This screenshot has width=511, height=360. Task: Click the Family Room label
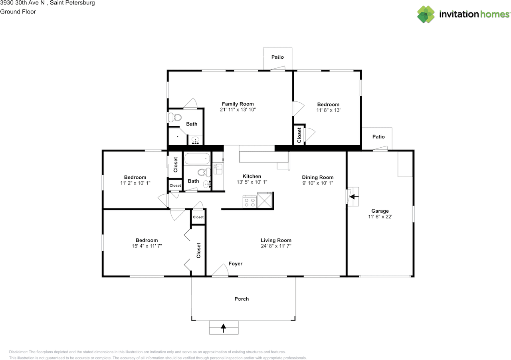(x=238, y=104)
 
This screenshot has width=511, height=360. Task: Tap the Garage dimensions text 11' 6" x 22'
(x=380, y=217)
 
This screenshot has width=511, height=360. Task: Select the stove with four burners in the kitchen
(x=250, y=202)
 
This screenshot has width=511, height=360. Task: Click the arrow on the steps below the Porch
(x=224, y=328)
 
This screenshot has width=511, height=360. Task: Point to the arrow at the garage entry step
(x=354, y=197)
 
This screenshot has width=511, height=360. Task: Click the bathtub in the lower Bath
(x=197, y=158)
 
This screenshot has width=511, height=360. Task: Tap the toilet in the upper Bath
(x=175, y=117)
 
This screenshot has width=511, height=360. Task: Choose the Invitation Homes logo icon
(x=426, y=14)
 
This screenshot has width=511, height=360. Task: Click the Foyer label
(x=236, y=264)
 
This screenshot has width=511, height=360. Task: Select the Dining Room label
(x=318, y=177)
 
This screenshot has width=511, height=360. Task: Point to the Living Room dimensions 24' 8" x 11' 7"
(x=276, y=246)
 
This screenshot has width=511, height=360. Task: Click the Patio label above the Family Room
(x=277, y=57)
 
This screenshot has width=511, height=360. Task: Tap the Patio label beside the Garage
(x=378, y=136)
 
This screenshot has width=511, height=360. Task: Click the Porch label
(x=242, y=299)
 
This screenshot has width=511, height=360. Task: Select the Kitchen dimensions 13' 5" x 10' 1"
(x=252, y=182)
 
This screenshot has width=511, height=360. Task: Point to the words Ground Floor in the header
(x=18, y=12)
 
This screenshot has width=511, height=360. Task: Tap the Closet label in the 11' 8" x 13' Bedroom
(x=299, y=135)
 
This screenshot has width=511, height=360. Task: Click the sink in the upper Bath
(x=195, y=140)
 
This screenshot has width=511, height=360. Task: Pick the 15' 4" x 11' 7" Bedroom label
(x=147, y=240)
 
